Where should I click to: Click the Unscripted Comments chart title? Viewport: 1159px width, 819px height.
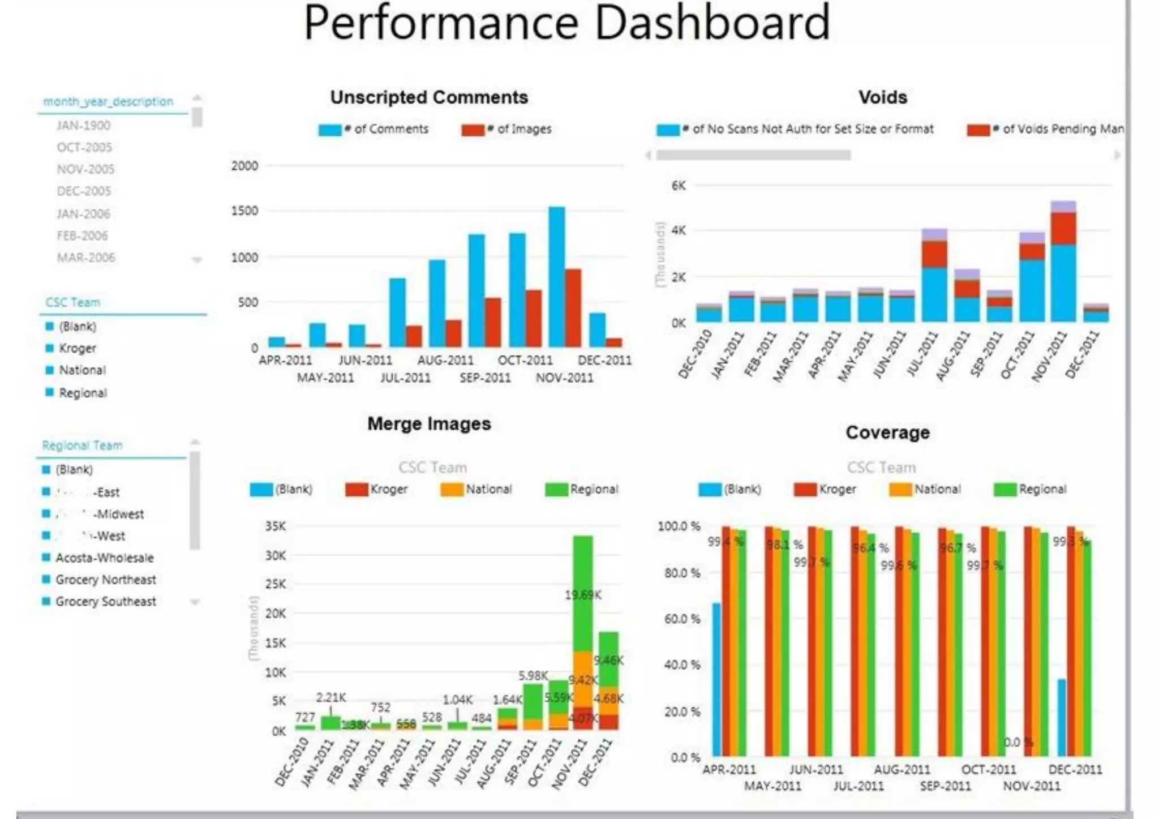(429, 97)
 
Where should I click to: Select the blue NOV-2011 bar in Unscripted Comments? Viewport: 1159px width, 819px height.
(557, 277)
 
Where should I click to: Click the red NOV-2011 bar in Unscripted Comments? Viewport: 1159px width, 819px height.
(573, 308)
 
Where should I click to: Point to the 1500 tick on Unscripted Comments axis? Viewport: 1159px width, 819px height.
(244, 211)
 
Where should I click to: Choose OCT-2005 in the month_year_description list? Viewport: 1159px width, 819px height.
(84, 147)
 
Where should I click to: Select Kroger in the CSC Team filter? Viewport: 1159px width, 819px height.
(78, 348)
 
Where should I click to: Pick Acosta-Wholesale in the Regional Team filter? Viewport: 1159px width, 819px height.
(104, 558)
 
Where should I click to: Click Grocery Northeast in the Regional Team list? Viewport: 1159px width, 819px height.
(105, 580)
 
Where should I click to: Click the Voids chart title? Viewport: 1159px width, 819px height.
(882, 97)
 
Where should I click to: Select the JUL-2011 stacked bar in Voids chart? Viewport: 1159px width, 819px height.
(934, 277)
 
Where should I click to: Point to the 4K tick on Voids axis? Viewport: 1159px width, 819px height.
(679, 230)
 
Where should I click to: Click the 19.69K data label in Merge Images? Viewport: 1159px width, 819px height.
(583, 595)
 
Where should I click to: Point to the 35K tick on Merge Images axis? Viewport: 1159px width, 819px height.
(276, 526)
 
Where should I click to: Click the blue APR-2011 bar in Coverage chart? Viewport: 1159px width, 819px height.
(716, 679)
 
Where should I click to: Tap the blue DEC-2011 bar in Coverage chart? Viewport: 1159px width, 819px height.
(1062, 718)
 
